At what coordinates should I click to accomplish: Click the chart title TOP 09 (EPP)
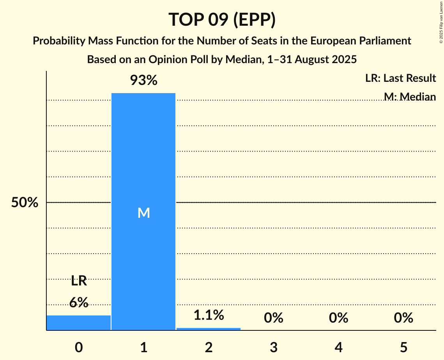tap(222, 20)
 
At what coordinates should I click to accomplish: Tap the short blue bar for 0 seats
tap(79, 323)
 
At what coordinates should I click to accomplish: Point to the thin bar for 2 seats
tap(209, 329)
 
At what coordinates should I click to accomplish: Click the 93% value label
tap(143, 81)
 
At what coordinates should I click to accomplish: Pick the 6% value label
tap(79, 302)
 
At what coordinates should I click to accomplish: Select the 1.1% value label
tap(209, 315)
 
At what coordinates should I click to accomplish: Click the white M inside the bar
tap(143, 213)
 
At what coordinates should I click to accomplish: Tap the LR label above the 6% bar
tap(79, 281)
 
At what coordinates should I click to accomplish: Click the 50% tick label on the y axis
tap(25, 203)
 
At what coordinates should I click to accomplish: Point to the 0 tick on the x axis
tap(79, 347)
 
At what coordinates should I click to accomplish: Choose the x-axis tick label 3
tap(273, 347)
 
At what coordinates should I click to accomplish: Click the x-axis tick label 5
tap(403, 347)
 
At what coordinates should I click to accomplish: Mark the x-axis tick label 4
tap(338, 347)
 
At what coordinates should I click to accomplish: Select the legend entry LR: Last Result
tap(400, 78)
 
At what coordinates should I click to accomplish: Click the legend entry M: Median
tap(410, 96)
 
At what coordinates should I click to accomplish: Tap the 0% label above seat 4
tap(338, 318)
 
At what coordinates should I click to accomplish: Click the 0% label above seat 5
tap(403, 318)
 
